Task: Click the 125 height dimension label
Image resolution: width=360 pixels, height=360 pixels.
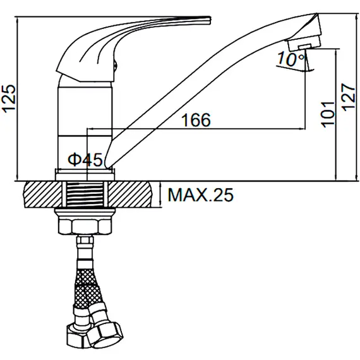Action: (x=9, y=99)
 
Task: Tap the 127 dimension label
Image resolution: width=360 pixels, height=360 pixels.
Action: (x=349, y=97)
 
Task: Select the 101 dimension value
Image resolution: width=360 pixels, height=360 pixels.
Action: (x=328, y=114)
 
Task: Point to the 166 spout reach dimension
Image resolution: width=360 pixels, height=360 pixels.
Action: (x=196, y=120)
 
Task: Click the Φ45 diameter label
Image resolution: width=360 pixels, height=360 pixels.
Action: (x=85, y=160)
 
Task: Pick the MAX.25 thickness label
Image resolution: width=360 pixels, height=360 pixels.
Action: (x=201, y=195)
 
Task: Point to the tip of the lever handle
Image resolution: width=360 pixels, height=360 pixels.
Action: (x=210, y=20)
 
